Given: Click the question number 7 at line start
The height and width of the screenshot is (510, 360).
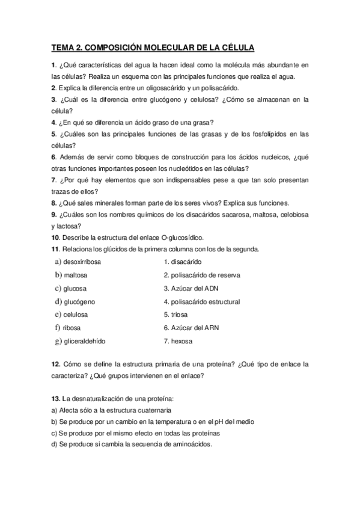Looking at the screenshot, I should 53,180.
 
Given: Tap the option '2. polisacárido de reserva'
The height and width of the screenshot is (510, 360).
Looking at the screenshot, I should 202,275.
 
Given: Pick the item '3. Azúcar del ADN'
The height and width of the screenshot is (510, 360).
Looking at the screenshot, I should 191,288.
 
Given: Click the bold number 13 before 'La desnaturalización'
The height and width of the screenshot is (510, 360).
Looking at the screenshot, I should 55,399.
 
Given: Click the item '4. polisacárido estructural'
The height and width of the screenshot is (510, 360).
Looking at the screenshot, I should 202,301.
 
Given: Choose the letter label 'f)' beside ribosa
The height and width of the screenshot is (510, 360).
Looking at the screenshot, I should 57,328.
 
